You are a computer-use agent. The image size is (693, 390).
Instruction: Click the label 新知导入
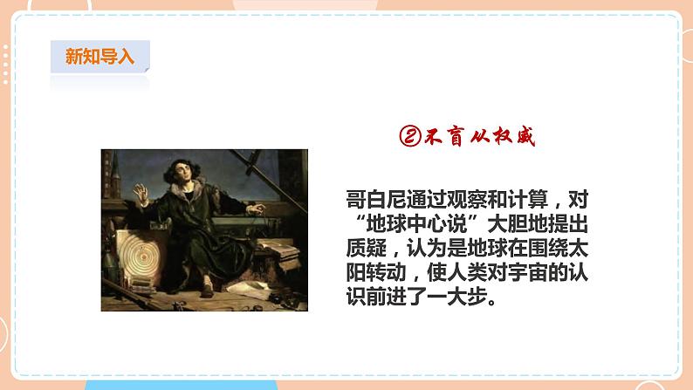tap(100, 57)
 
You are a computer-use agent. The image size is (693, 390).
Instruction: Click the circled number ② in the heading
tap(410, 136)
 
